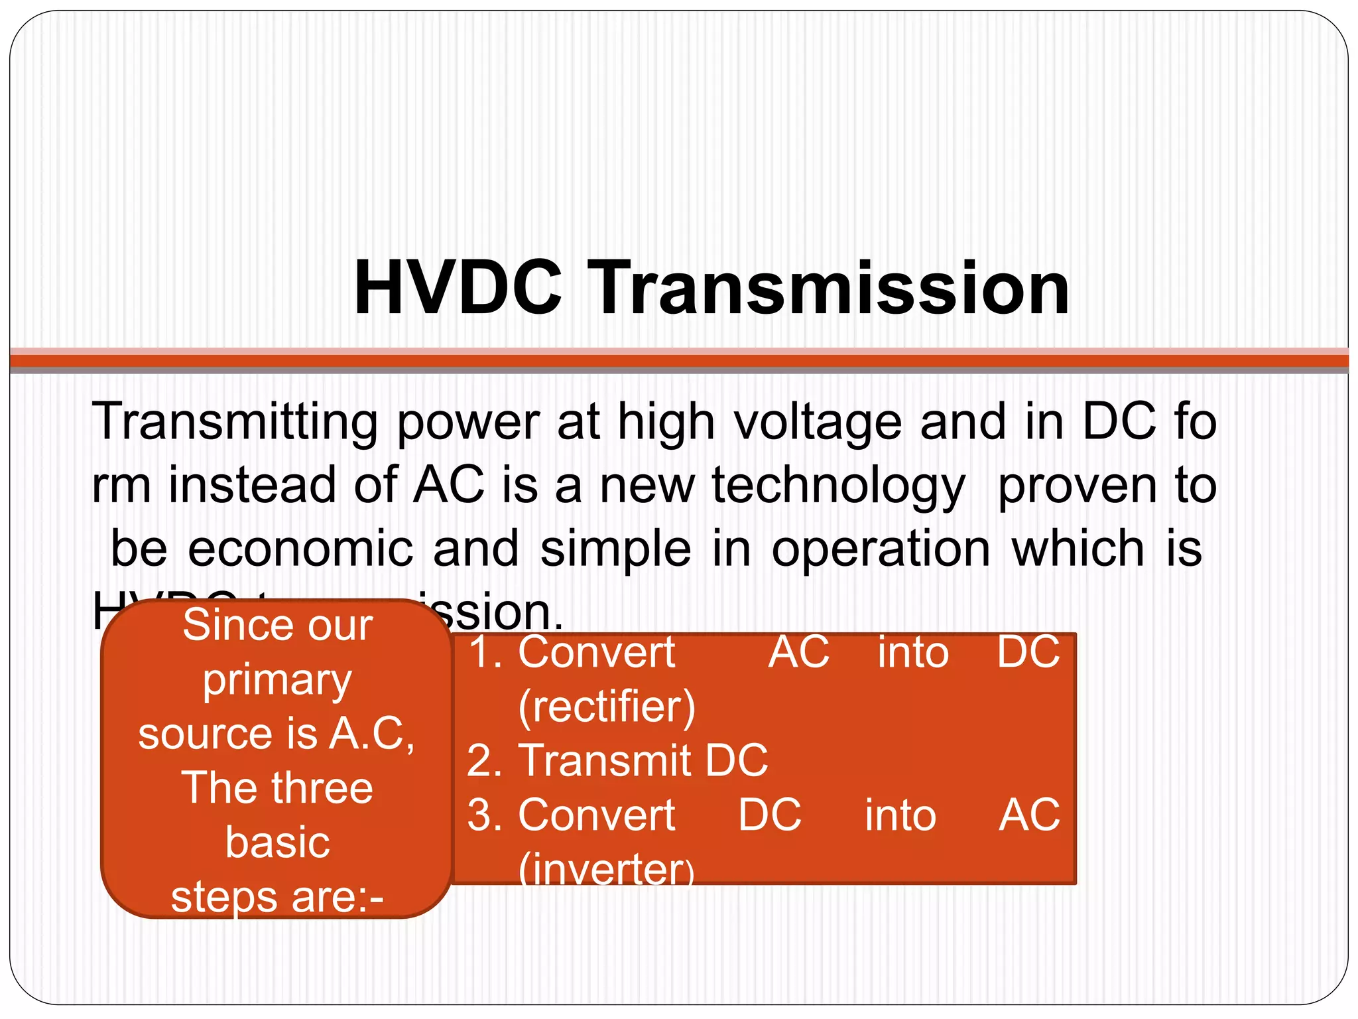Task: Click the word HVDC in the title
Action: (x=458, y=289)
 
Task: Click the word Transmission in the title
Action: (x=828, y=289)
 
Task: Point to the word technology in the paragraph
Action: (x=838, y=486)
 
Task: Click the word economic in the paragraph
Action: (x=301, y=549)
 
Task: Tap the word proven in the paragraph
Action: (x=1078, y=486)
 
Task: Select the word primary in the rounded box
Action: (x=277, y=681)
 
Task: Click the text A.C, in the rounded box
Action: (x=372, y=734)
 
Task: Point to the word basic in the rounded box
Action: (x=277, y=843)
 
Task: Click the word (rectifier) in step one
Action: (x=607, y=707)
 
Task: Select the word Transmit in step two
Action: (x=603, y=760)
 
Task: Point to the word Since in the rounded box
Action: (x=225, y=626)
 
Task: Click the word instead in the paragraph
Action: (x=252, y=486)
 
